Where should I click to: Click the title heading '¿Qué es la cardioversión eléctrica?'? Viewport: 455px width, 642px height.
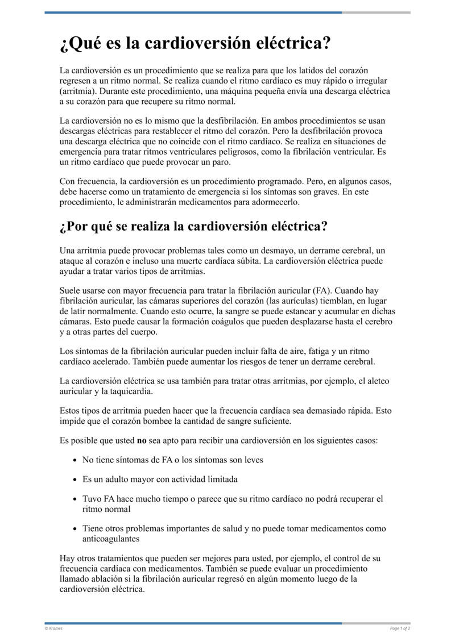(196, 44)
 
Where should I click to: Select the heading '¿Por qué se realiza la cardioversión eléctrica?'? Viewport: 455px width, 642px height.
(193, 226)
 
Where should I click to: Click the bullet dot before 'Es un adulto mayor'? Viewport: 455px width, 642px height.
(75, 480)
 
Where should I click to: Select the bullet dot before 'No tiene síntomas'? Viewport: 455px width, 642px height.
(75, 460)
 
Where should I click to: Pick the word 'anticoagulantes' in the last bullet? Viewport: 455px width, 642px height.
(111, 539)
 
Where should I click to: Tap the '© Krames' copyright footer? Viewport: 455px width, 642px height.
(54, 628)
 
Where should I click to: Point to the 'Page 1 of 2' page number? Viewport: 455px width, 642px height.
(400, 628)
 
